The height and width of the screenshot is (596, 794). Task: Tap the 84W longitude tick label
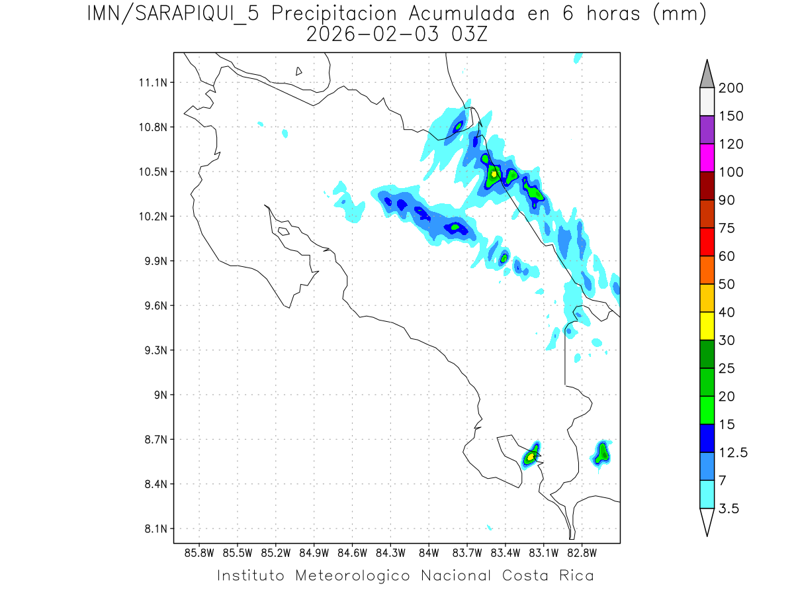tap(429, 552)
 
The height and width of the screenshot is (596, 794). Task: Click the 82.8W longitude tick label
tap(582, 552)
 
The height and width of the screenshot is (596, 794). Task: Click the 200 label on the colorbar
tap(731, 88)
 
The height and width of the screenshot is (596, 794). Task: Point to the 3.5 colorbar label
tap(728, 509)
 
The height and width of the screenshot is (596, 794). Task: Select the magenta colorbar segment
tap(707, 158)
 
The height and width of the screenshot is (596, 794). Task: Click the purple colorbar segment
tap(707, 130)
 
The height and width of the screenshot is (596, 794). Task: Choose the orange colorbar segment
tap(707, 270)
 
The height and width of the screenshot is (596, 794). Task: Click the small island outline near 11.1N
tap(299, 71)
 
